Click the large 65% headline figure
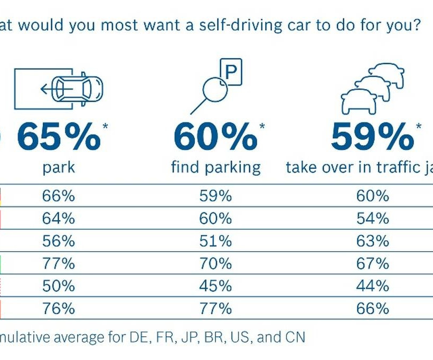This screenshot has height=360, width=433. point(59,137)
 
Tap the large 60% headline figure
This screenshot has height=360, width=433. point(215,137)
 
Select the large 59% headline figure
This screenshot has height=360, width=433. point(372,137)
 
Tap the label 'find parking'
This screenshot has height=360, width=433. point(215,168)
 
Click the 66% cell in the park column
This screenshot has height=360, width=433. point(59,196)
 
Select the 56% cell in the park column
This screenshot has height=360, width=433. point(59,241)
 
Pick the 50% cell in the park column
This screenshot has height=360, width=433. point(59,286)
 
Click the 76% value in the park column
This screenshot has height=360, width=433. point(59,308)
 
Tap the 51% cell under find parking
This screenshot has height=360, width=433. point(215,241)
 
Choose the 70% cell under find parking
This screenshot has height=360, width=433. point(215,263)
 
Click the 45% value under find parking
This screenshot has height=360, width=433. point(215,286)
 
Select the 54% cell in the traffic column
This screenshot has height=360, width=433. point(373,219)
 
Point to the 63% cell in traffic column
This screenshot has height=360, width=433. point(373,241)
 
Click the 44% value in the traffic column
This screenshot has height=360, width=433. point(373,286)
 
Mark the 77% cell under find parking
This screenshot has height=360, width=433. point(215,308)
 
